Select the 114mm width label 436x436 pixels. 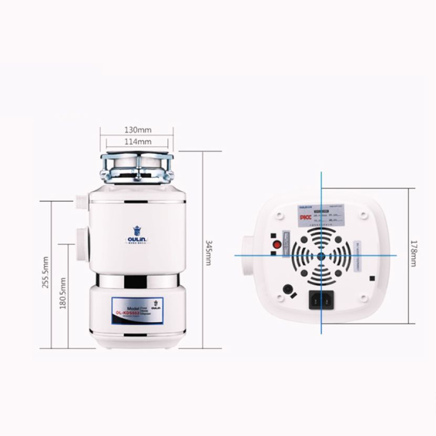tap(138, 141)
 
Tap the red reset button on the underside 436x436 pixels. tap(275, 245)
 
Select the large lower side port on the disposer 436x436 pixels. tap(82, 244)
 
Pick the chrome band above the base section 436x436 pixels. tap(138, 281)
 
